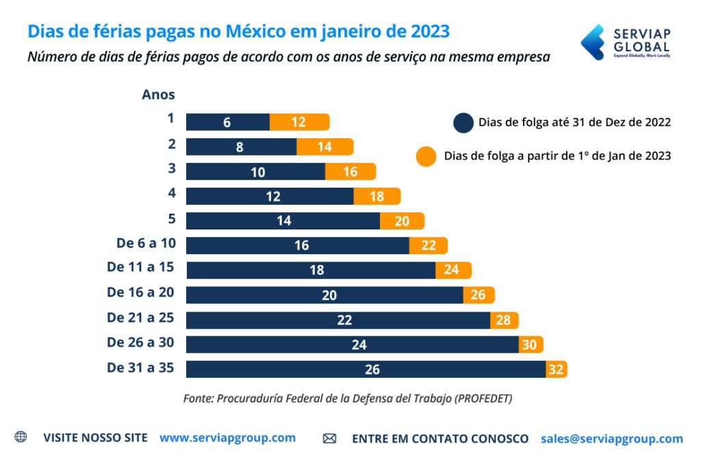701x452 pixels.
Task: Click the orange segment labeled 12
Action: (x=299, y=122)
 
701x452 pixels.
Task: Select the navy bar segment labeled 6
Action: (x=227, y=122)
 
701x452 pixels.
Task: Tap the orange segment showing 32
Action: (x=557, y=369)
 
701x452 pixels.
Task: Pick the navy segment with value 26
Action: (x=366, y=369)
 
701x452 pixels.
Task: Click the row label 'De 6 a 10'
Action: (x=141, y=243)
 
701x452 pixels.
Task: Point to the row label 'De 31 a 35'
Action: (x=140, y=367)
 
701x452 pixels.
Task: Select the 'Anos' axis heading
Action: (x=158, y=95)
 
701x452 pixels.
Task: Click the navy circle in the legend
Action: (x=463, y=123)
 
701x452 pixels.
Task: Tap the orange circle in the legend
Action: (x=425, y=156)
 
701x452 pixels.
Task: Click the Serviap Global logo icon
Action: (x=592, y=42)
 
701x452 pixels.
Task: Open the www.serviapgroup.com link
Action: (x=227, y=438)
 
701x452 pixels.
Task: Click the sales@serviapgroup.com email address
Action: (x=611, y=438)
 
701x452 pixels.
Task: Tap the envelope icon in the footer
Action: (x=329, y=438)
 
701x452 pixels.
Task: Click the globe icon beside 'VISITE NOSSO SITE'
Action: (x=21, y=437)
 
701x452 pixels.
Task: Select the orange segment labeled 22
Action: (x=428, y=245)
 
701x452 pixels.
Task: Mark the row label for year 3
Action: (x=171, y=168)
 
